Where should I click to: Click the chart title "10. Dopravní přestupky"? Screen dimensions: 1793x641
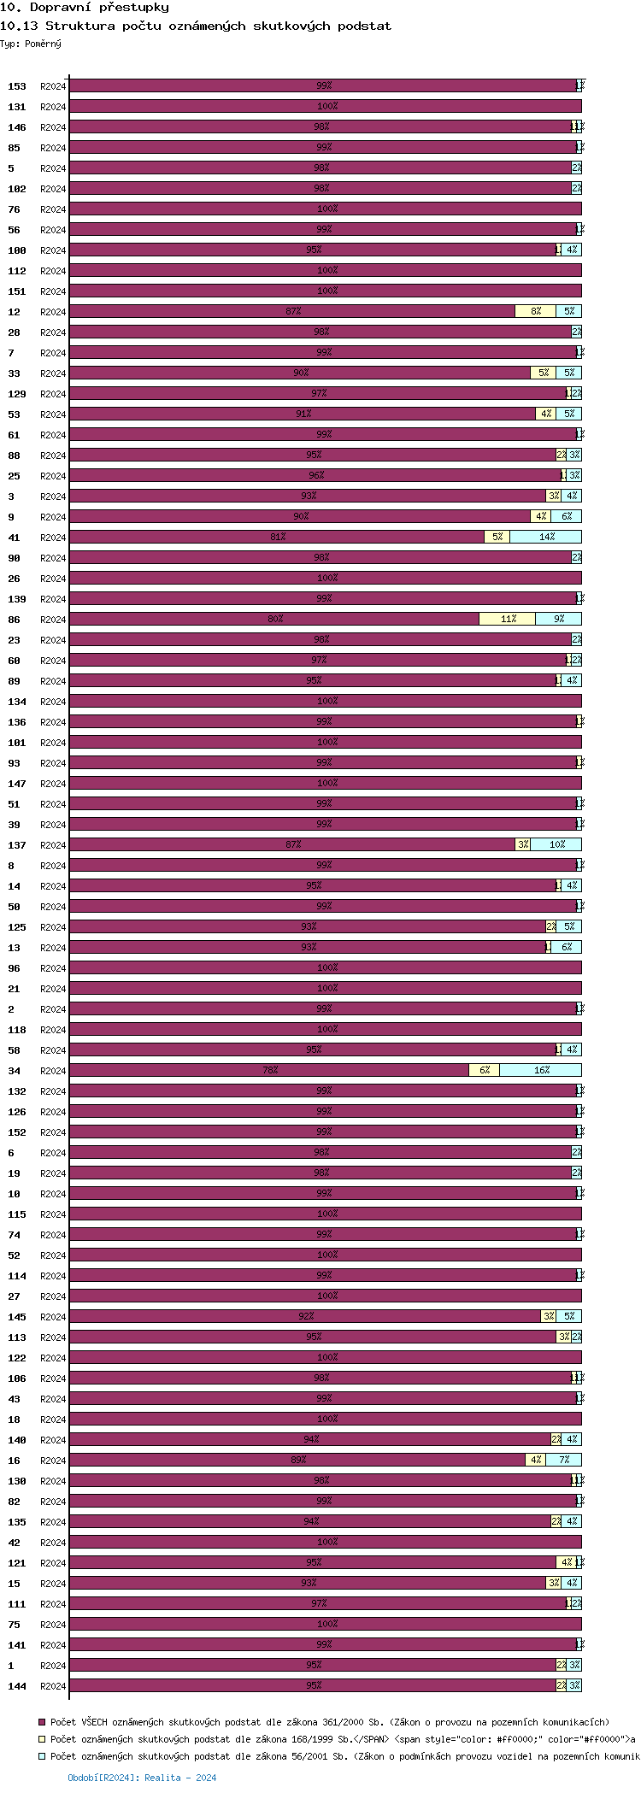pyautogui.click(x=85, y=8)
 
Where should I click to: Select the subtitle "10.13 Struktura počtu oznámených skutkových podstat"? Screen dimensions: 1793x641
pyautogui.click(x=196, y=26)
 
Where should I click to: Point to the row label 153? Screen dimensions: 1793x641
pyautogui.click(x=17, y=86)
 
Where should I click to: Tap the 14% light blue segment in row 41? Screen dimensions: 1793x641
pyautogui.click(x=545, y=538)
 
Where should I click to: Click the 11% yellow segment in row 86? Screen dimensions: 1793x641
pyautogui.click(x=508, y=620)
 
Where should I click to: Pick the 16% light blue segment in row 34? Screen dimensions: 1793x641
pyautogui.click(x=540, y=1071)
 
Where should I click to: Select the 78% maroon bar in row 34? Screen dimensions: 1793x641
pyautogui.click(x=269, y=1071)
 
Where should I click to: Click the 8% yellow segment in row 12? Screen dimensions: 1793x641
pyautogui.click(x=535, y=312)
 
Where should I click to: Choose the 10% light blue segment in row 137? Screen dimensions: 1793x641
pyautogui.click(x=556, y=845)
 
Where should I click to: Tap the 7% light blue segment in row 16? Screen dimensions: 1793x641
pyautogui.click(x=563, y=1461)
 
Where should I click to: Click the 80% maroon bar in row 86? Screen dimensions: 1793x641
pyautogui.click(x=274, y=620)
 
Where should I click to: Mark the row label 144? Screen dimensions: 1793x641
pyautogui.click(x=17, y=1686)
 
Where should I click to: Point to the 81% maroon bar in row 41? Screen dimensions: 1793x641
pyautogui.click(x=277, y=538)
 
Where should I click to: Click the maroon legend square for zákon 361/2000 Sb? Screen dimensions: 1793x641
pyautogui.click(x=42, y=1722)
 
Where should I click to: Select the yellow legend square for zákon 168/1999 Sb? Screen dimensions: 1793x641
pyautogui.click(x=42, y=1739)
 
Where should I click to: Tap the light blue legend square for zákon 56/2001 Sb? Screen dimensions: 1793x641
pyautogui.click(x=42, y=1756)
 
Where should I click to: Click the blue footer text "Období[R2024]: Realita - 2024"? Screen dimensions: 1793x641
pyautogui.click(x=142, y=1778)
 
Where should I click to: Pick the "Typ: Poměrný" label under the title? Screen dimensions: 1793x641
pyautogui.click(x=31, y=44)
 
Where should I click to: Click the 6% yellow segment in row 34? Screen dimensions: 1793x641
pyautogui.click(x=484, y=1071)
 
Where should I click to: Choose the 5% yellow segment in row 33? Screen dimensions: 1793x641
pyautogui.click(x=543, y=373)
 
